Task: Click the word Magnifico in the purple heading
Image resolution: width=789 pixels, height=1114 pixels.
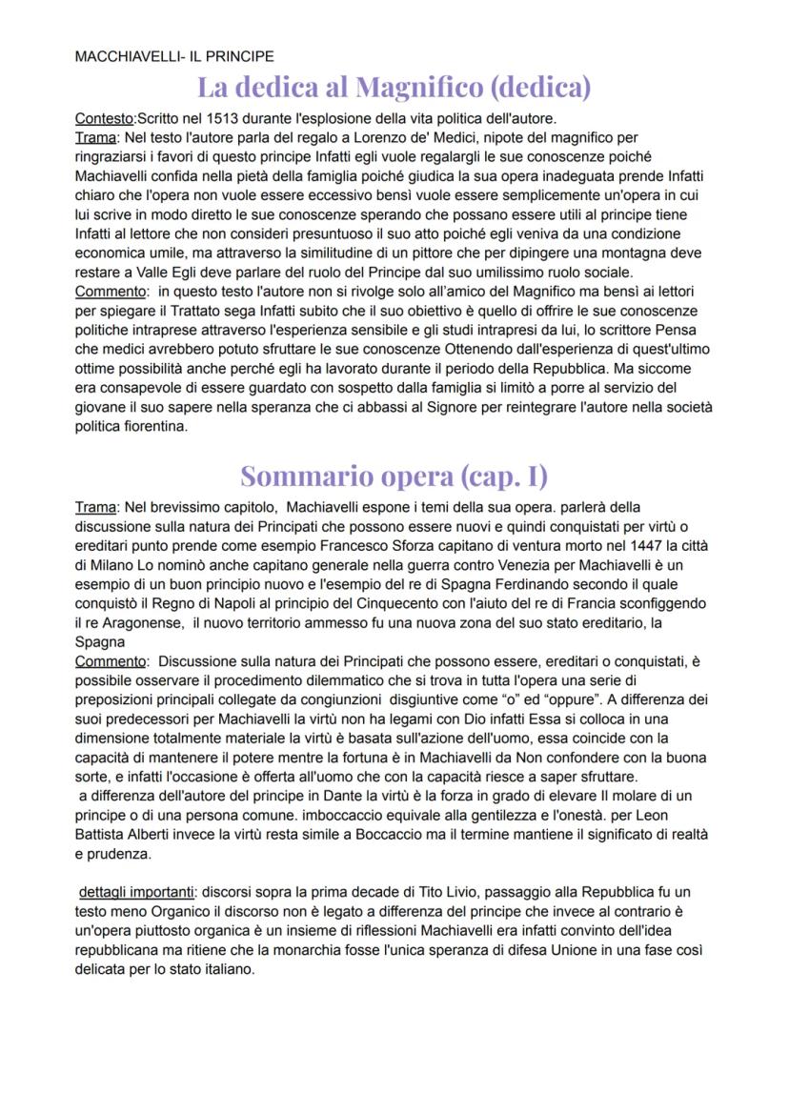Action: click(x=418, y=88)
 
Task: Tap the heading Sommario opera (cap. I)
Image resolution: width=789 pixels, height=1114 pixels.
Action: click(x=394, y=474)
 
